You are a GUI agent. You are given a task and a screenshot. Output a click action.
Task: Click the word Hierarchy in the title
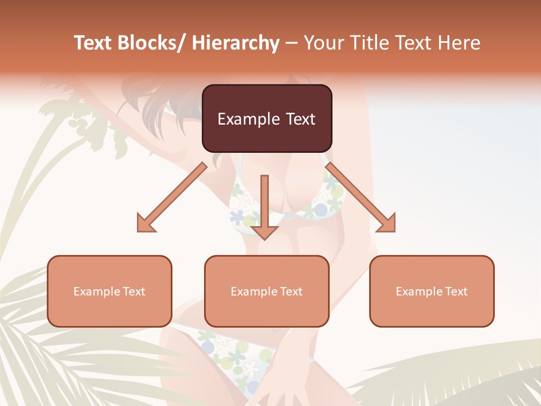tap(236, 43)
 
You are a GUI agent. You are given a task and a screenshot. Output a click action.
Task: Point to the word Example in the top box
tap(242, 119)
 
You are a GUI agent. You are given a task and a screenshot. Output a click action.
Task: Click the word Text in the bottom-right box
tap(455, 292)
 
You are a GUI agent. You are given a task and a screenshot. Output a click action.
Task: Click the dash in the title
tap(291, 43)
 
